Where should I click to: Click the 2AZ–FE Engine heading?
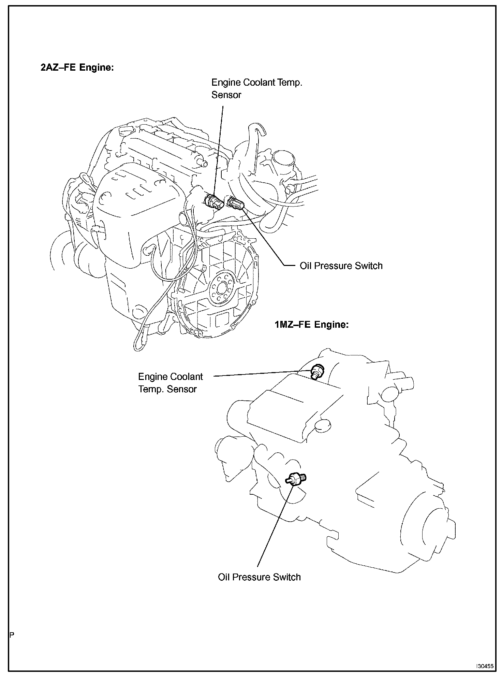[77, 68]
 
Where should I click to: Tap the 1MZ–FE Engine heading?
[312, 324]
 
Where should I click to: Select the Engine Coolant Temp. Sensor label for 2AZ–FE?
[256, 88]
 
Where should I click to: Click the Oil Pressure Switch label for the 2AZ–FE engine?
[341, 266]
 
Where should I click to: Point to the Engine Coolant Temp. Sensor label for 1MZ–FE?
[171, 383]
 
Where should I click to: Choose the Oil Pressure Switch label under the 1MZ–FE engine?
[259, 577]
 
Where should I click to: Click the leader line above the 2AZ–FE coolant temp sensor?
[219, 150]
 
